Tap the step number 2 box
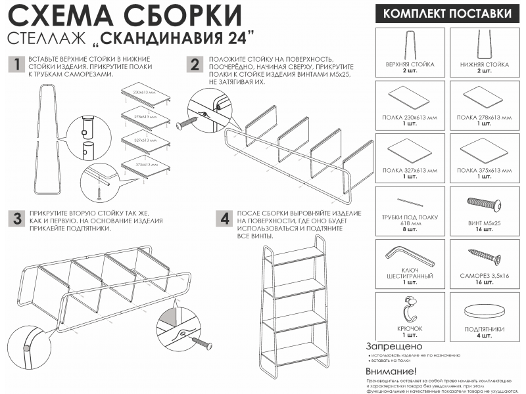coord(194,64)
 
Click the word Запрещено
coord(394,346)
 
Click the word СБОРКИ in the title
coord(183,15)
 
